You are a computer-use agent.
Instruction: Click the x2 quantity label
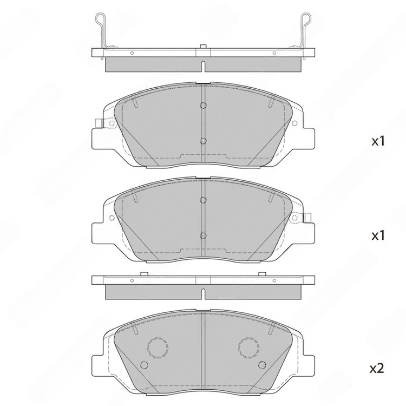[x=376, y=369]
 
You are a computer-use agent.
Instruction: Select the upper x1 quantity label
[x=378, y=141]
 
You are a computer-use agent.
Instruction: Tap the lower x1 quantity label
[x=378, y=235]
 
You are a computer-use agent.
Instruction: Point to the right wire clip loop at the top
[x=306, y=18]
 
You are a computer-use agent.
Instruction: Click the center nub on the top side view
[x=203, y=47]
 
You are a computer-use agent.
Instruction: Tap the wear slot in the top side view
[x=203, y=67]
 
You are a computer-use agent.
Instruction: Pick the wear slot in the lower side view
[x=203, y=294]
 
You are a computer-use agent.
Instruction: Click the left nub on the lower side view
[x=143, y=274]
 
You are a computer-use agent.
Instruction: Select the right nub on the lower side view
[x=263, y=274]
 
